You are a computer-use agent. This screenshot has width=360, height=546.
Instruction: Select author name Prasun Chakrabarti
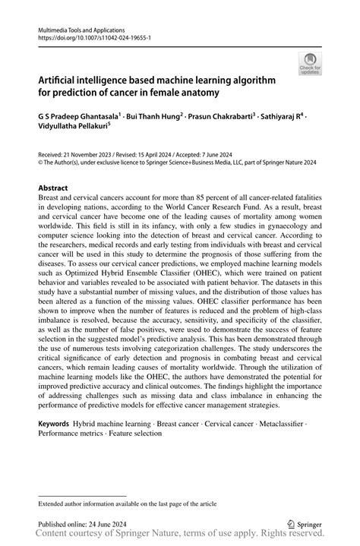click(x=220, y=118)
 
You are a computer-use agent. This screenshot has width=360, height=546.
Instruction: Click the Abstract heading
click(x=53, y=188)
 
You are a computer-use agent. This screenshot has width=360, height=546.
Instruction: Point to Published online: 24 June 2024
click(x=81, y=524)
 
